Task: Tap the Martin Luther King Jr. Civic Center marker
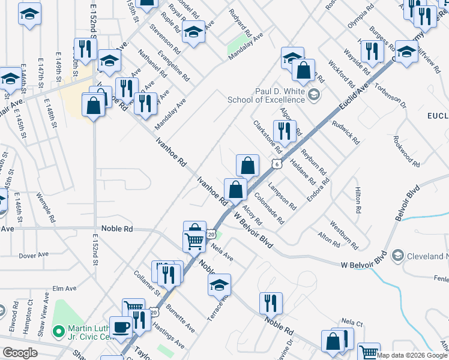coord(58,331)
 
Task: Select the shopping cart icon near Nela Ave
coord(194,241)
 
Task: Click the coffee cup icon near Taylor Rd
coord(122,327)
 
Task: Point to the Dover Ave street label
coord(33,255)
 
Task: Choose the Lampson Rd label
coord(282,196)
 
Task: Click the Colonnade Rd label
coord(268,208)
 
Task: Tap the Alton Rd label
coord(328,238)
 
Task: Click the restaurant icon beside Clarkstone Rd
coord(285,131)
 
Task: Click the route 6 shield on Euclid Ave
coord(276,164)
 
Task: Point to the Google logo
coord(19,353)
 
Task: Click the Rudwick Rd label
coord(347,133)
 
